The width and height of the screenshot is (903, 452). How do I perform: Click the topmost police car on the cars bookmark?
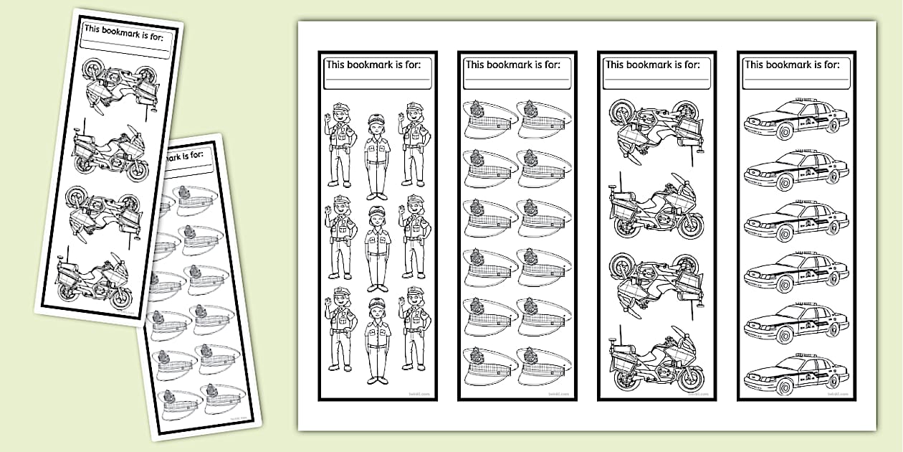796,119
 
